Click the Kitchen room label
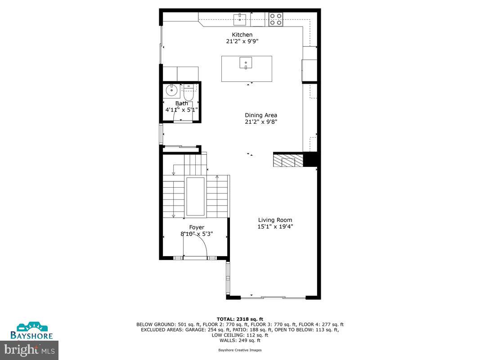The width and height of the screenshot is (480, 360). (242, 35)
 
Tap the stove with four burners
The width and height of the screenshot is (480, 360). (276, 19)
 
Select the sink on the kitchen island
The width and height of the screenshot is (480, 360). (246, 63)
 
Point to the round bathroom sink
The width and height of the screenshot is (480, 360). (171, 91)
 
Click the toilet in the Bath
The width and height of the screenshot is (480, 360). (188, 93)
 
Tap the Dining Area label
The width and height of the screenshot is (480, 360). (260, 115)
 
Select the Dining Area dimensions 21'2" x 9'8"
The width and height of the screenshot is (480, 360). (260, 121)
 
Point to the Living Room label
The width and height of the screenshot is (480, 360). (272, 220)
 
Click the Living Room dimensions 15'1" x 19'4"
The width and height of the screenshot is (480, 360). (272, 227)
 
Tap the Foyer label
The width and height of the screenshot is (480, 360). (197, 227)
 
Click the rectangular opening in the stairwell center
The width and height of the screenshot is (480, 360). (195, 197)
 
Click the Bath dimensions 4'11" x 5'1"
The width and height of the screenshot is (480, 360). (181, 109)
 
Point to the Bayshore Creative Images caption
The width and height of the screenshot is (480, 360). (240, 350)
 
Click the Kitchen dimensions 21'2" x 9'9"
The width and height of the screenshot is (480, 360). (242, 41)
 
